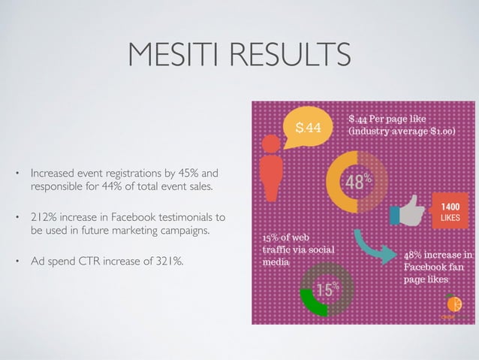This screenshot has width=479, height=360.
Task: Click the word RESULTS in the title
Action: click(290, 56)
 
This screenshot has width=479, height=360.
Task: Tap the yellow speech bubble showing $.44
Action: click(308, 129)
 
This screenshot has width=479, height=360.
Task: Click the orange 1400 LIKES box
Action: click(450, 211)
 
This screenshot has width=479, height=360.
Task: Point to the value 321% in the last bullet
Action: click(170, 262)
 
